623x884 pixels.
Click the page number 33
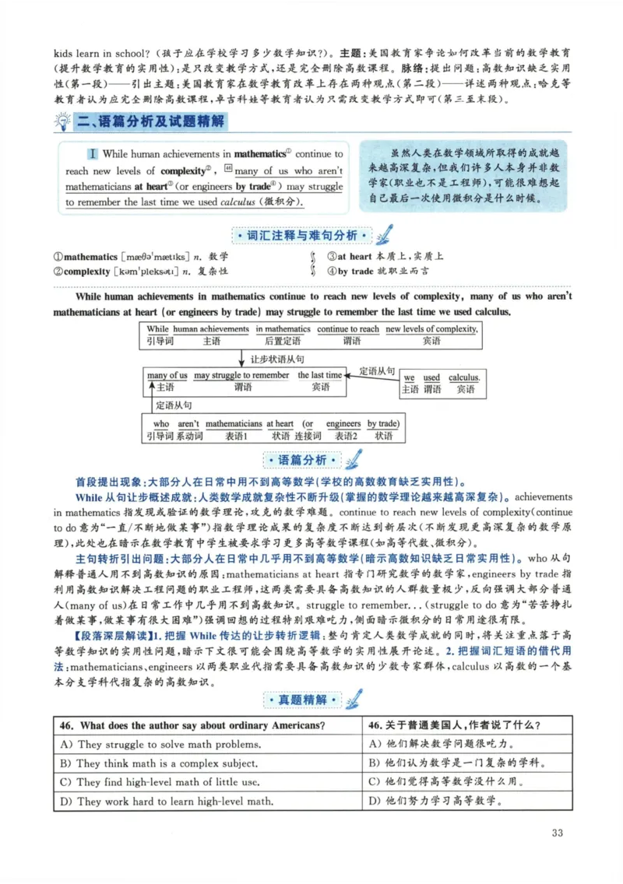557,833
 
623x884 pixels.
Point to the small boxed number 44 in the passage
228,169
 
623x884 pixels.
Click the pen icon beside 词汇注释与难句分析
385,234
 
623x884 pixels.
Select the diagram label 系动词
189,437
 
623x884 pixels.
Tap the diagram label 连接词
308,437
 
